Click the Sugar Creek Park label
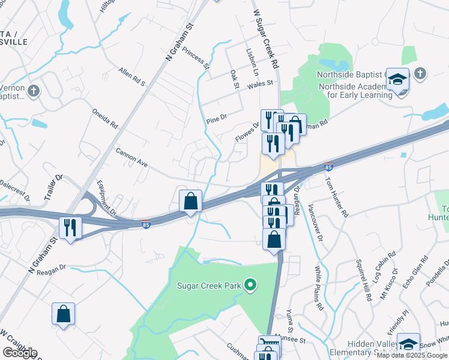pos(208,286)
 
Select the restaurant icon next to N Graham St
pos(70,228)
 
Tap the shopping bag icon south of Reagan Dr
pos(64,314)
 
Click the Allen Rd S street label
pos(132,77)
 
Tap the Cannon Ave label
pos(131,158)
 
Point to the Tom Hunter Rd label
pos(336,196)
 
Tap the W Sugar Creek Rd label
pos(265,37)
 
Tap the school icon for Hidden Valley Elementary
pos(408,344)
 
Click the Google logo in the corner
pos(20,352)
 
